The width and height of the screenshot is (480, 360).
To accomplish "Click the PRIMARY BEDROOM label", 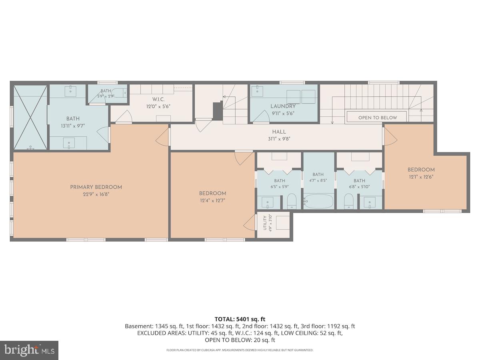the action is pos(96,187).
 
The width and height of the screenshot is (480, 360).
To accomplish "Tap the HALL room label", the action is pos(279,132).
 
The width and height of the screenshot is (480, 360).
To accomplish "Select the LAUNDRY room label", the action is pos(283,106).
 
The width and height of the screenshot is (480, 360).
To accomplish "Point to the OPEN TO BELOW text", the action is pos(378,118).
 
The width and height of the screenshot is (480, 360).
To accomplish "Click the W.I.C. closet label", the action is pos(158,100).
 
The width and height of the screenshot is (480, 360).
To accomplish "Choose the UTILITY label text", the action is pos(265,223).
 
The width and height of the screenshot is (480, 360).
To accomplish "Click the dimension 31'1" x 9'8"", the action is pos(279,139).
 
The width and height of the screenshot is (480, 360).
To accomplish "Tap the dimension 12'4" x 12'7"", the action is pos(212,200).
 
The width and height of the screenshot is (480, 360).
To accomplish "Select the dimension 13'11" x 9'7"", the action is pos(73,126).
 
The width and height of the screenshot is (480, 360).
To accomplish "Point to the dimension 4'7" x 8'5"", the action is pos(318,181).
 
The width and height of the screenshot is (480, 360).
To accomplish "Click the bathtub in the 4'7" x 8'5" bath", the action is pos(319,201).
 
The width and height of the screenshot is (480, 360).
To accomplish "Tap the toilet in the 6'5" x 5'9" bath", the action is pos(291,201).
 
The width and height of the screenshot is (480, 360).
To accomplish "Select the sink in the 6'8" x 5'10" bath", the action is pos(370,202).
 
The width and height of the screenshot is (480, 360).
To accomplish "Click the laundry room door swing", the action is pos(261,116).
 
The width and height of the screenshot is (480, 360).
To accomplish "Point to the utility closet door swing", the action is pos(250,222).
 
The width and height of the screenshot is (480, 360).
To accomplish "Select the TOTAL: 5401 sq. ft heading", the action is pos(240,319).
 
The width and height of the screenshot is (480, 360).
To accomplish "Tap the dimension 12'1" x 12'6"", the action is pos(421,177).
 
